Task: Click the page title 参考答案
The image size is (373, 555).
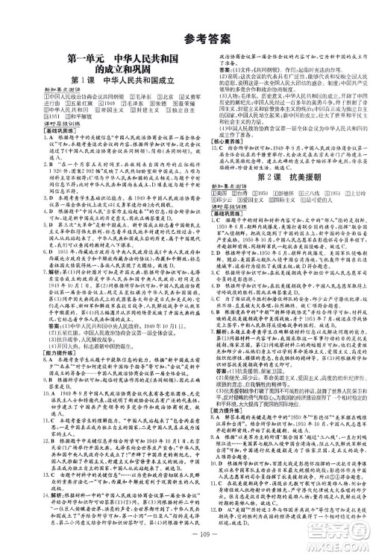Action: [x=186, y=17]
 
